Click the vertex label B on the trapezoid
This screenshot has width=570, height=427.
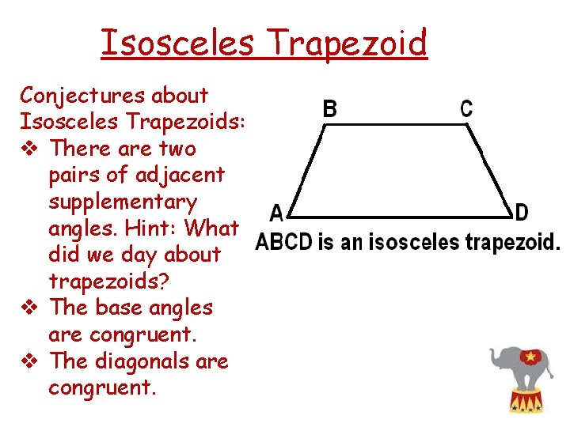(x=330, y=108)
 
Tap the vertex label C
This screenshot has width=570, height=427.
(x=466, y=108)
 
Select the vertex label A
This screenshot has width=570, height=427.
(x=275, y=213)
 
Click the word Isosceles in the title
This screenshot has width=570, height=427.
(x=177, y=43)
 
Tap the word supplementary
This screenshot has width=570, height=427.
(x=123, y=202)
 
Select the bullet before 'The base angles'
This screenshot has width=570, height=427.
(x=30, y=308)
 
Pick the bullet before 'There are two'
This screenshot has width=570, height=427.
(x=30, y=149)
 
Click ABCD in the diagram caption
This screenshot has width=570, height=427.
(x=283, y=242)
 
